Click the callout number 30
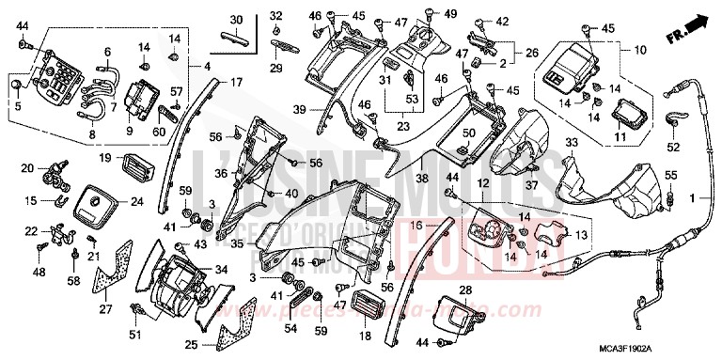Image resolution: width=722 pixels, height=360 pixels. click(x=236, y=20)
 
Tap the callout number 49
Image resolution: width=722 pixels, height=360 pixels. click(x=450, y=13)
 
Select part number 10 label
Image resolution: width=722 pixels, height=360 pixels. click(x=641, y=49)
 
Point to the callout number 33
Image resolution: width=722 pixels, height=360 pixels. click(x=570, y=143)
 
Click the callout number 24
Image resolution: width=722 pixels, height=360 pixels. click(x=137, y=200)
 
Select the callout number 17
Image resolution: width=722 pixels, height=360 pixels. click(x=236, y=83)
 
